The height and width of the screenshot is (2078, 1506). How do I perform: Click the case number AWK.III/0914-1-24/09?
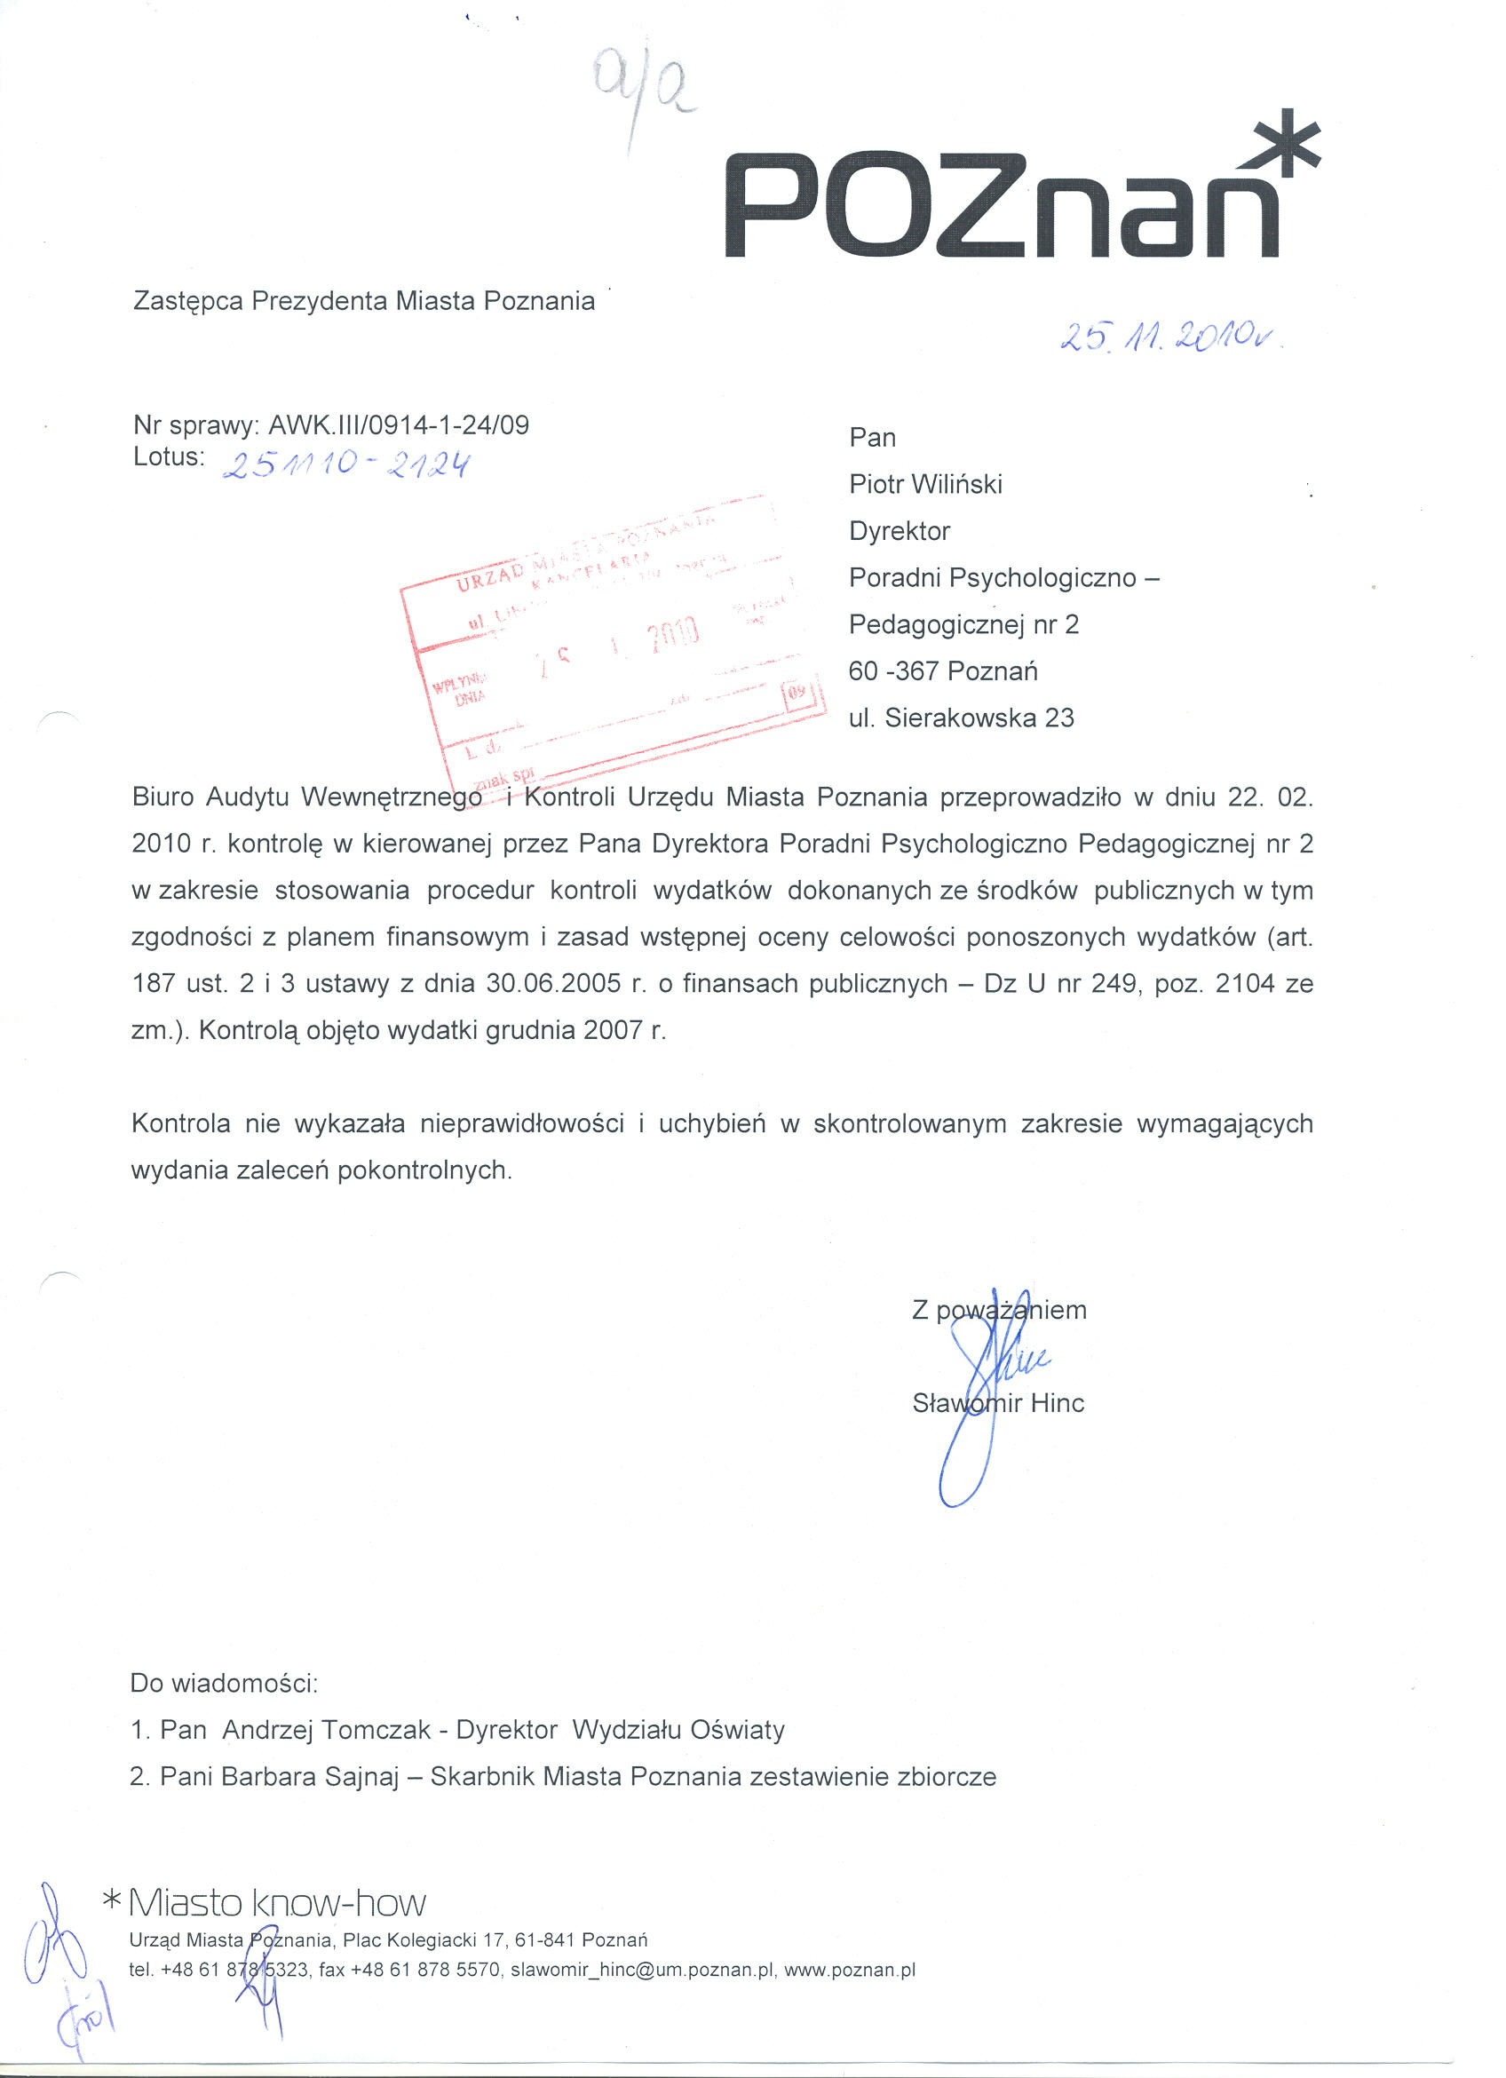(399, 425)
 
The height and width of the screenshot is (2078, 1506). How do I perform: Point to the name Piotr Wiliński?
(925, 484)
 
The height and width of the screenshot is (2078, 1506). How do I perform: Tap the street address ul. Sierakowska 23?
(961, 718)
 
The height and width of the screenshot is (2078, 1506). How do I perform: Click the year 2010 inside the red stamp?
(674, 632)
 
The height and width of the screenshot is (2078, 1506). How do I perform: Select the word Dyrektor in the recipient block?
(900, 530)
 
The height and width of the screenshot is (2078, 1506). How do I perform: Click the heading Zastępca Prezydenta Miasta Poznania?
(364, 301)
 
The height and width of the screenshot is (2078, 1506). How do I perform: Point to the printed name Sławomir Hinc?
(997, 1403)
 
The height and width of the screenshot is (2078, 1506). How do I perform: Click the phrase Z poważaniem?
(998, 1309)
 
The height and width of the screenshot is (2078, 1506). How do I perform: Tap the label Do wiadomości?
(224, 1682)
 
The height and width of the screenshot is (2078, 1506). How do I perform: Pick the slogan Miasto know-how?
(277, 1904)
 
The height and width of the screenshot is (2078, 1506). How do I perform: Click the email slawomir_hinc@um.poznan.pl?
(644, 1970)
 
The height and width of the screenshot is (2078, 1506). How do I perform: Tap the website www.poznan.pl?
(849, 1970)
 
